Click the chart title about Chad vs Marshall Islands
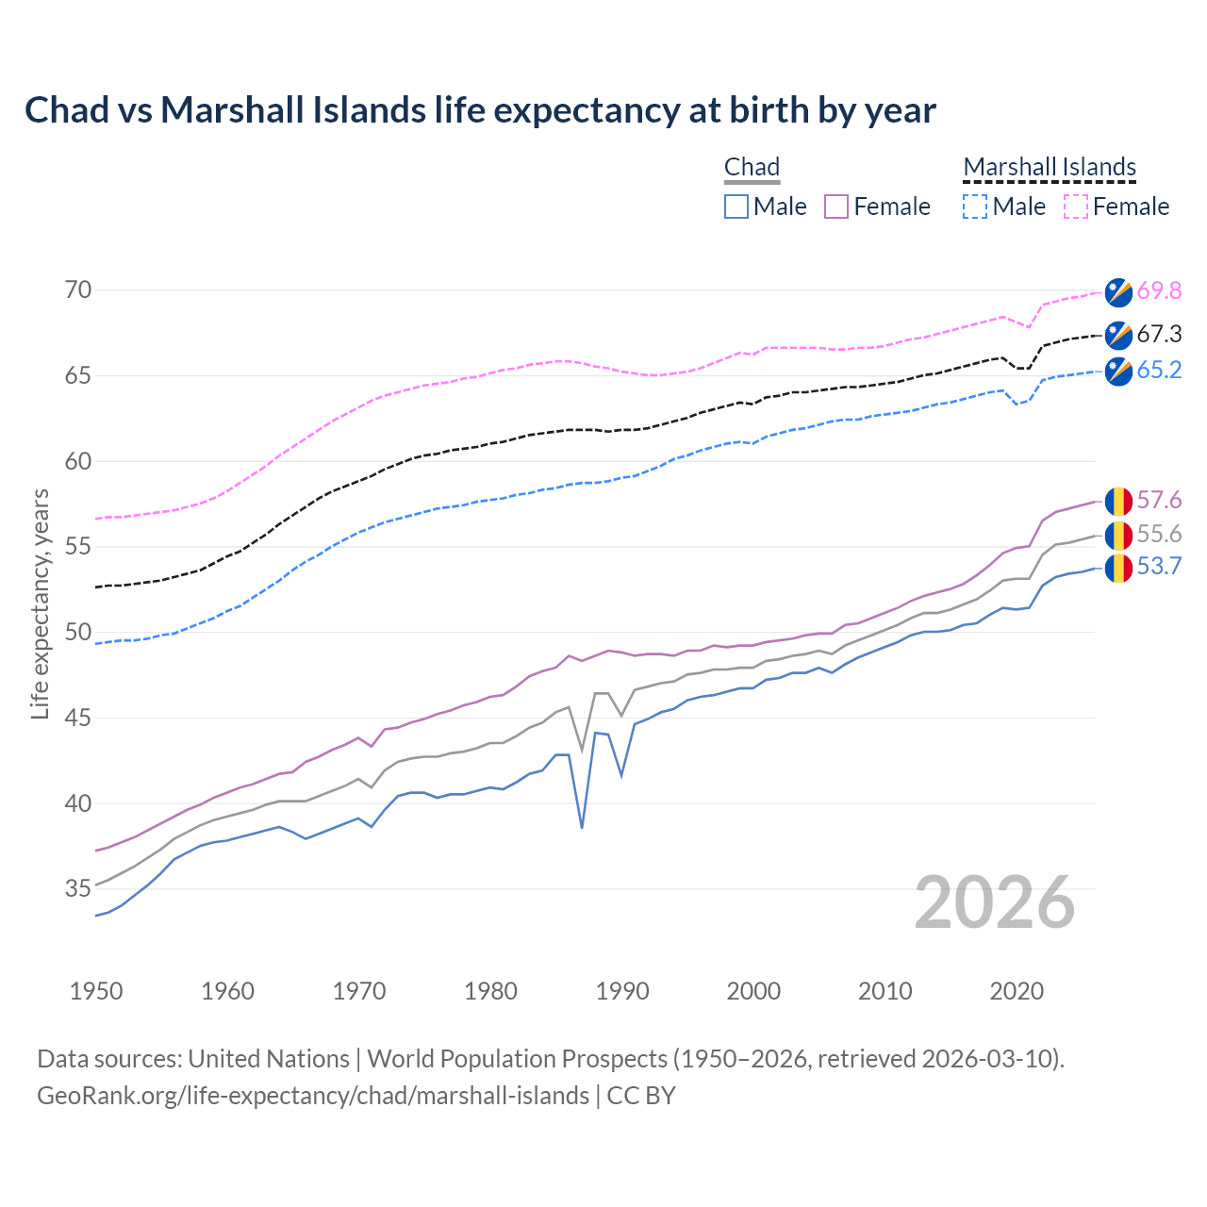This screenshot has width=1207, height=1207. (480, 110)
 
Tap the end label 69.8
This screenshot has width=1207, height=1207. (1159, 291)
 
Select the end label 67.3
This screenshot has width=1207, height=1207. (1159, 335)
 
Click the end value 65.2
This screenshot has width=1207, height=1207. (1159, 371)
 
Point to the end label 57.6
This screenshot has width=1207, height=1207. (1159, 500)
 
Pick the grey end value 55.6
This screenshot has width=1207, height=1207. (1159, 535)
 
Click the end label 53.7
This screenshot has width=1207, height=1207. (1159, 567)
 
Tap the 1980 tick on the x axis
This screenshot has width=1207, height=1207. (490, 991)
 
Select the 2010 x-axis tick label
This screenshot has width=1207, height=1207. (885, 991)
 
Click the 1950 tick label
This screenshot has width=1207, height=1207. (96, 991)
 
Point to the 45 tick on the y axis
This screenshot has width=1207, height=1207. (78, 719)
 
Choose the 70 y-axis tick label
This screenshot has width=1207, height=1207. (78, 290)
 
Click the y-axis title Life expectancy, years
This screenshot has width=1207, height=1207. (41, 603)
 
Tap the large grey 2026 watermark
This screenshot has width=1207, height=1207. (994, 902)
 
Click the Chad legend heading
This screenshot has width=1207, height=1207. (752, 168)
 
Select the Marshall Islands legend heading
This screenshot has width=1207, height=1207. (1050, 168)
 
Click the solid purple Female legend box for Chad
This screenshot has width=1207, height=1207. (836, 207)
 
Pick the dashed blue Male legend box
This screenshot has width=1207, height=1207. (975, 207)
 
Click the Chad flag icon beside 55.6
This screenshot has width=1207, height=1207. (1117, 535)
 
